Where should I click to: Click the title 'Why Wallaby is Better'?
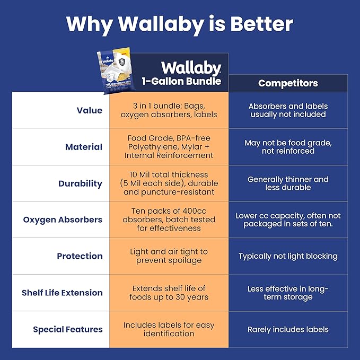[x=180, y=24]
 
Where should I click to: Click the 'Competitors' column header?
[x=288, y=83]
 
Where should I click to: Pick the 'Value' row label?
[x=89, y=110]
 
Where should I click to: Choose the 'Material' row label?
[x=84, y=147]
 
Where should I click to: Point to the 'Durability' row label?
[x=80, y=183]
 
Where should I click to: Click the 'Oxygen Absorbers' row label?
[x=63, y=219]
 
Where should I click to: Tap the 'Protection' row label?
[x=80, y=256]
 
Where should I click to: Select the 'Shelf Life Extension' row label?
[x=62, y=293]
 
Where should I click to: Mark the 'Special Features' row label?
[x=67, y=329]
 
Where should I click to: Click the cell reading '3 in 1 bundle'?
[x=169, y=110]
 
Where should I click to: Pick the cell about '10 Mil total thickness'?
[x=169, y=183]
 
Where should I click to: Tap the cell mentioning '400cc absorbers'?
[x=169, y=219]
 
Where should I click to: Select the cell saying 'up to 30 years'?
[x=169, y=293]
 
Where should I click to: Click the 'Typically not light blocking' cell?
[x=288, y=256]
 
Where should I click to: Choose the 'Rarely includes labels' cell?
[x=288, y=329]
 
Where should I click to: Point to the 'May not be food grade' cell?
[x=288, y=147]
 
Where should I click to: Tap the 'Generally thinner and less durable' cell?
[x=288, y=183]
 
